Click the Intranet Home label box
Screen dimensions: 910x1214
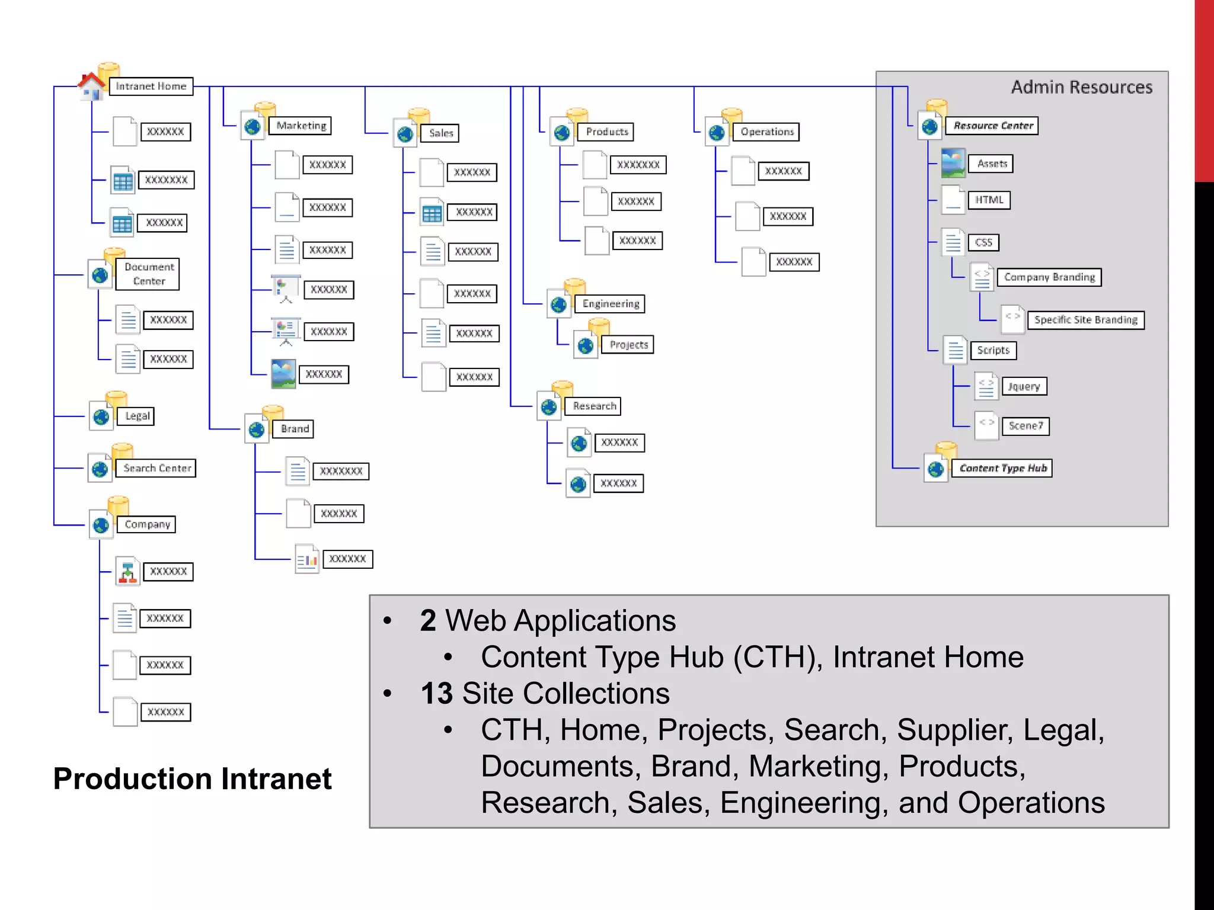(x=151, y=86)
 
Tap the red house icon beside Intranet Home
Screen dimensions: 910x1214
(x=91, y=86)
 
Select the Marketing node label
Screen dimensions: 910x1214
(x=301, y=126)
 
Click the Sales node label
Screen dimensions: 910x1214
(x=440, y=133)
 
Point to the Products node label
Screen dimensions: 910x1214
(x=606, y=132)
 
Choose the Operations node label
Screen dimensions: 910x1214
(x=766, y=132)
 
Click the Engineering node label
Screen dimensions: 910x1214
(x=611, y=304)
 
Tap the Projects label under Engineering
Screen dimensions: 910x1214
(x=628, y=345)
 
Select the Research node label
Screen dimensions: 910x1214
(x=594, y=406)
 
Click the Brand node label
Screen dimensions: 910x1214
(x=294, y=429)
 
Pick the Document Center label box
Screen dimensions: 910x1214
(x=148, y=274)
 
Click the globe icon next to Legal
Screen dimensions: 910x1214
(x=101, y=417)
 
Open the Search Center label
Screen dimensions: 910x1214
(x=156, y=468)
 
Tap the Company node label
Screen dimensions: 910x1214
(x=147, y=524)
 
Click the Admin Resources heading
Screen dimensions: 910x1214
(x=1081, y=87)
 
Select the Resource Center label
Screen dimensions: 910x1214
(x=993, y=126)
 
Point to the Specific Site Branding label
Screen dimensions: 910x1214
(x=1085, y=320)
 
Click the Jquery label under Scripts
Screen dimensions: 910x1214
(x=1024, y=386)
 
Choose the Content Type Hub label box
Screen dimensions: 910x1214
(x=1002, y=468)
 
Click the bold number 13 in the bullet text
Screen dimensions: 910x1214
(x=436, y=693)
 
